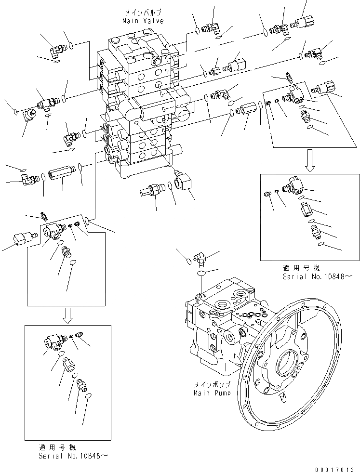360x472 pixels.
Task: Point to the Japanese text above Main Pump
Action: (x=213, y=385)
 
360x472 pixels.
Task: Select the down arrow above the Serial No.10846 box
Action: (x=69, y=316)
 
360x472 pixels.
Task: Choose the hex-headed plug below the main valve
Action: (x=150, y=190)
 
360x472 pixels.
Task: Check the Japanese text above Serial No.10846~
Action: (x=57, y=446)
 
